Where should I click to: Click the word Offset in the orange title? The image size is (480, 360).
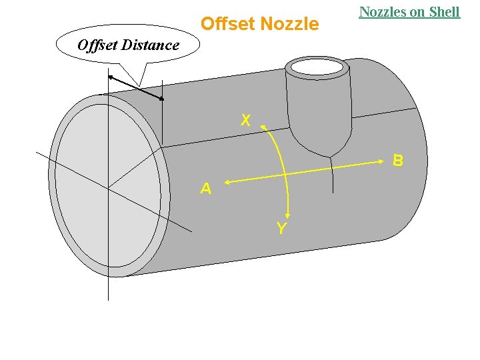click(227, 24)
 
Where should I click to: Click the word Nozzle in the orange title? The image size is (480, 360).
click(289, 24)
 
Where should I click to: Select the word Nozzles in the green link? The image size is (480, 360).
click(384, 11)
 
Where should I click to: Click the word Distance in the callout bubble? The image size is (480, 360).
click(151, 45)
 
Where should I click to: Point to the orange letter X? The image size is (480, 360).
click(246, 121)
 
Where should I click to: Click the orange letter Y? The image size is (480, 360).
click(281, 229)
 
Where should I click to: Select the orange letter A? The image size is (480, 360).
click(206, 189)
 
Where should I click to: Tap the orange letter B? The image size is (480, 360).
click(398, 161)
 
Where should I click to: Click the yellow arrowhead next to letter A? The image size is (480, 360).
click(227, 181)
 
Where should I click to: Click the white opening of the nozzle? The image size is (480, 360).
click(317, 67)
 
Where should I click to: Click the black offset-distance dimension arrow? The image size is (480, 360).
click(135, 88)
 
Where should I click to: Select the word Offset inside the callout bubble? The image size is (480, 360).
click(97, 45)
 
